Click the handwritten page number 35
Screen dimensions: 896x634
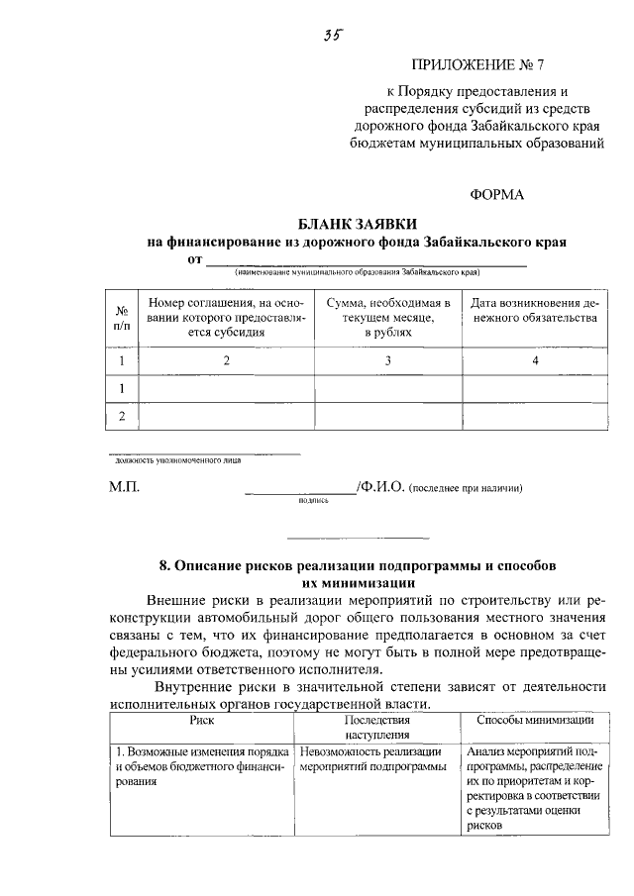pyautogui.click(x=332, y=37)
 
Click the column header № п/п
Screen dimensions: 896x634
pyautogui.click(x=122, y=317)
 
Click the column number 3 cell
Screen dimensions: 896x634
pyautogui.click(x=388, y=361)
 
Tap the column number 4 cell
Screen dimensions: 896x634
pyautogui.click(x=535, y=361)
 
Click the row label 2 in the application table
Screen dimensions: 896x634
pyautogui.click(x=122, y=417)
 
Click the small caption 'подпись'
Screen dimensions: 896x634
pyautogui.click(x=312, y=501)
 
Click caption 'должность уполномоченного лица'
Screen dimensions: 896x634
pyautogui.click(x=177, y=460)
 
